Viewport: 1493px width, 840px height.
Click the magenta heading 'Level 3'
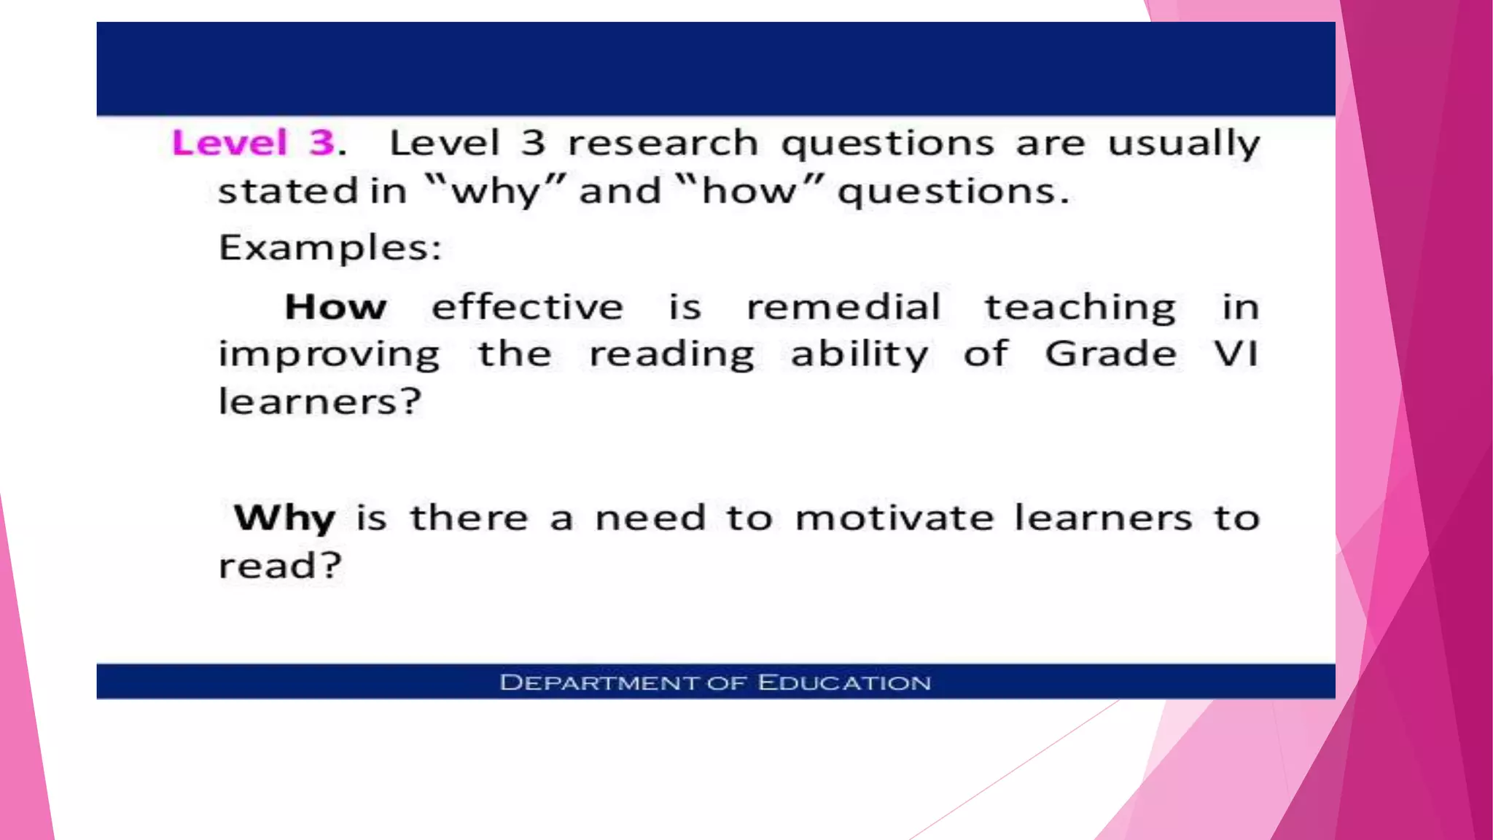253,142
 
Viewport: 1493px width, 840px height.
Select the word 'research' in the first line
663,143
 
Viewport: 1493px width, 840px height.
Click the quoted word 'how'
749,191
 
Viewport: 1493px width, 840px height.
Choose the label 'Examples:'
330,249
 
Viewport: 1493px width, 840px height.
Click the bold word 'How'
335,307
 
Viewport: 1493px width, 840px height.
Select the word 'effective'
527,307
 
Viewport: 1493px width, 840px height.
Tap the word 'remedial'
843,307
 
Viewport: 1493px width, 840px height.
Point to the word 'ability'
859,356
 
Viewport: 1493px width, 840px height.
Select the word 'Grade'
1110,354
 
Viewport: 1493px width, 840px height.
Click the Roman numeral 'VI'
1236,354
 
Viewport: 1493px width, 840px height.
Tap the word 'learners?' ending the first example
320,402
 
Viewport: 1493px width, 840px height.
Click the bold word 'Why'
284,519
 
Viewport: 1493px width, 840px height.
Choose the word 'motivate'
894,518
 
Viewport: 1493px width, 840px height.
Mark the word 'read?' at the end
280,566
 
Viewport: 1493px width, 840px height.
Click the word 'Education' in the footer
844,683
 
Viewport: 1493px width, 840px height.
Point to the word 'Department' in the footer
599,683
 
